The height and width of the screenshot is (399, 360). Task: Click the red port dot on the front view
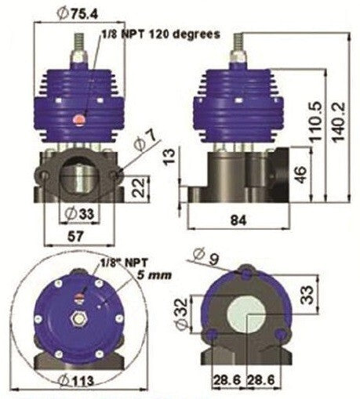pos(77,118)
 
